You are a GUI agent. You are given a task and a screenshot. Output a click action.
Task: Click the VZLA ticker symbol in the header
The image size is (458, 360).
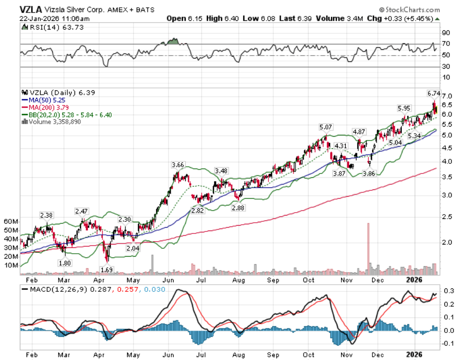tap(31, 9)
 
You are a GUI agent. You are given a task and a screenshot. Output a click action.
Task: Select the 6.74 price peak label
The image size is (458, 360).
tap(434, 93)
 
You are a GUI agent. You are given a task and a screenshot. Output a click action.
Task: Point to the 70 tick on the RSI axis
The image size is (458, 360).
tap(445, 44)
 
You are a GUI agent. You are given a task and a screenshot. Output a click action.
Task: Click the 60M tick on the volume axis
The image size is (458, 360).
tap(10, 221)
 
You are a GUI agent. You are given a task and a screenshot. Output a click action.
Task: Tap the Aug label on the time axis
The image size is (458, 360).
tap(237, 280)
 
